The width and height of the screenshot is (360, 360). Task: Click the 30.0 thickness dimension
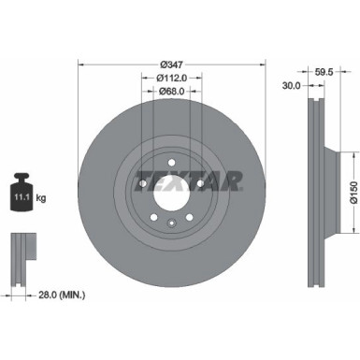(291, 84)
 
